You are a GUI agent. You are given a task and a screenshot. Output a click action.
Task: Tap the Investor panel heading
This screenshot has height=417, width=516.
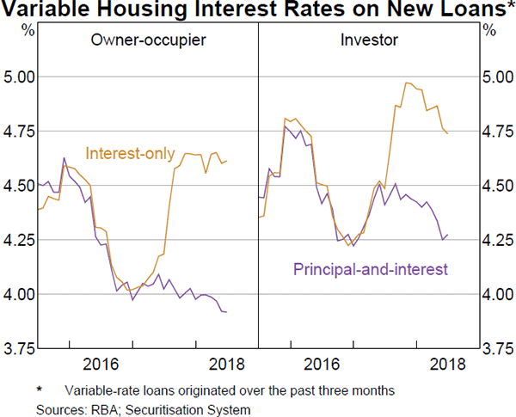pyautogui.click(x=364, y=40)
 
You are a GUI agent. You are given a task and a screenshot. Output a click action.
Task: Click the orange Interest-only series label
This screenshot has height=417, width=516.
pyautogui.click(x=127, y=153)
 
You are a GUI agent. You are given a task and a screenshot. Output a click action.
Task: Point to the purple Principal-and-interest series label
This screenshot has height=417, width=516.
pyautogui.click(x=371, y=269)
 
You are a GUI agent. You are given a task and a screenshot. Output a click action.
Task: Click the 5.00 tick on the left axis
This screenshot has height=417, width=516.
pyautogui.click(x=17, y=77)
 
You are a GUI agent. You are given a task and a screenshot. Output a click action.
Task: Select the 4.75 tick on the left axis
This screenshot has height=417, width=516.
pyautogui.click(x=17, y=131)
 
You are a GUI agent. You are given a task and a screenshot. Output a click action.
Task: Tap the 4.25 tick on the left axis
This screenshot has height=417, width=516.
pyautogui.click(x=17, y=240)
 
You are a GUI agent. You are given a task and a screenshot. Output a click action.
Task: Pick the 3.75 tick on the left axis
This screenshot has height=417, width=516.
pyautogui.click(x=17, y=348)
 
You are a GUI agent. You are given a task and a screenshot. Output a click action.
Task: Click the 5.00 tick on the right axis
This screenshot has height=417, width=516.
pyautogui.click(x=498, y=77)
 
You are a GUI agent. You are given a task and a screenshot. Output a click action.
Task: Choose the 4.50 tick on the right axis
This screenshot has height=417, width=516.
pyautogui.click(x=498, y=186)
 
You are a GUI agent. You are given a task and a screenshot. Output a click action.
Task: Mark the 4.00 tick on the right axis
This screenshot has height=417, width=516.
pyautogui.click(x=498, y=294)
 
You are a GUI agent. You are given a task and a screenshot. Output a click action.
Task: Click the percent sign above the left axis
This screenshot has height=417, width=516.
pyautogui.click(x=28, y=30)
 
